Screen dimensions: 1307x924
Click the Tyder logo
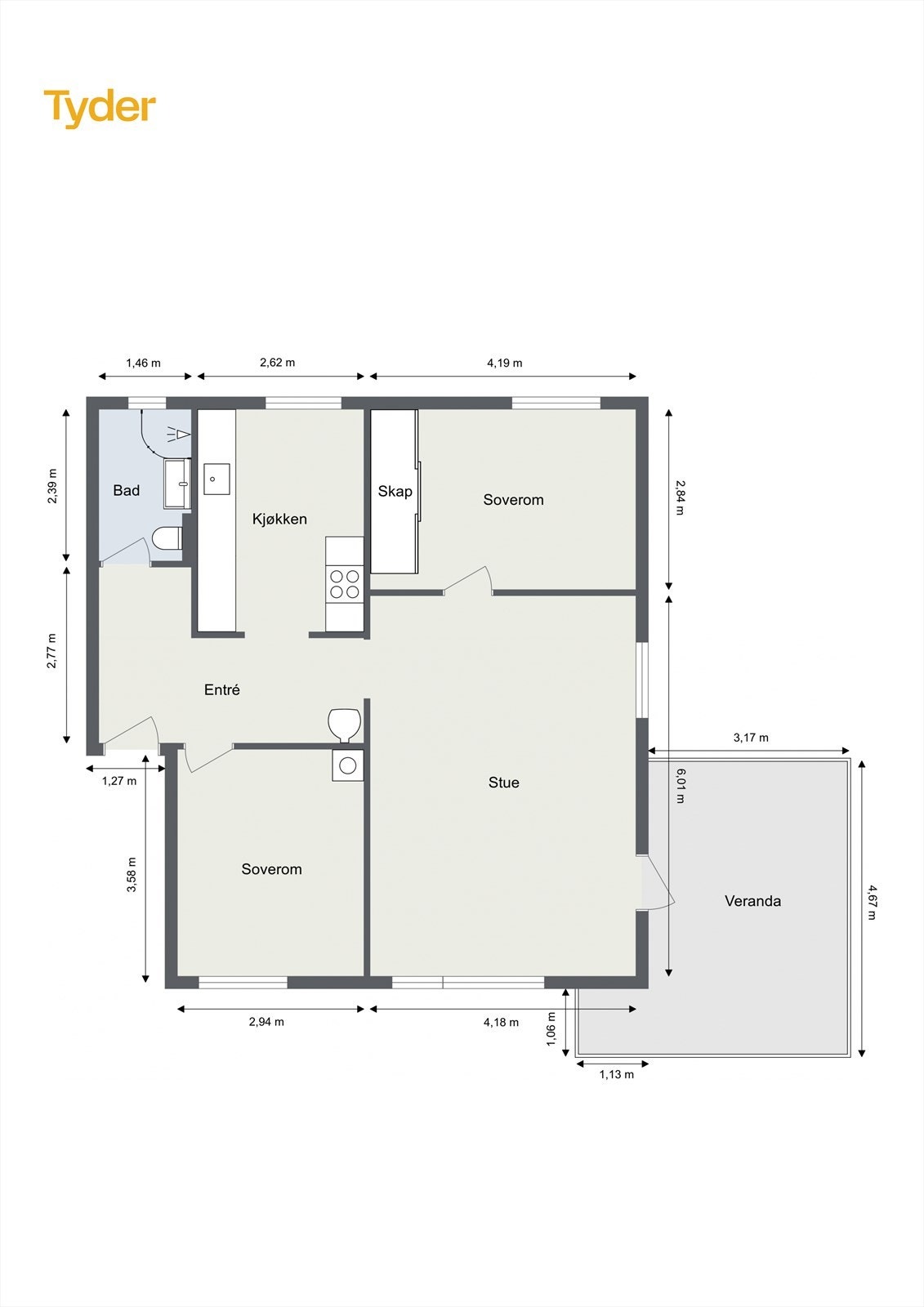(x=100, y=107)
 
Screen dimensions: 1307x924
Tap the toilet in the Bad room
(x=167, y=539)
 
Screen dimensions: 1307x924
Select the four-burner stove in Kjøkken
(x=344, y=583)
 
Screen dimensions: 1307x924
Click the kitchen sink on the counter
(x=216, y=480)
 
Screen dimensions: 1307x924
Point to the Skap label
(x=395, y=492)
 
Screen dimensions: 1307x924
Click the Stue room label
(x=503, y=783)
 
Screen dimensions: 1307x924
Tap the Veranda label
(x=752, y=901)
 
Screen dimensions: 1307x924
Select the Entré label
(x=221, y=690)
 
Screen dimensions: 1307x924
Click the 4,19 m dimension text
(x=505, y=363)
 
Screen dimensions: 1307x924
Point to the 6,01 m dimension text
(x=680, y=786)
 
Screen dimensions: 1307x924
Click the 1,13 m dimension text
(x=616, y=1074)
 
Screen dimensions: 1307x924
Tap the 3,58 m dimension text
(x=132, y=874)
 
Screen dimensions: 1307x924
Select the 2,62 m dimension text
(x=277, y=363)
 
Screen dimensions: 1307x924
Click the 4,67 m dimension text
(x=871, y=902)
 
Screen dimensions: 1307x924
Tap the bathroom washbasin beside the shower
(x=176, y=484)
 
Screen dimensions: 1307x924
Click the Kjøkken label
(x=279, y=520)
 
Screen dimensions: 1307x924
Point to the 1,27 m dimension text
(x=118, y=781)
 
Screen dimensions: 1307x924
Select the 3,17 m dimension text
(x=750, y=738)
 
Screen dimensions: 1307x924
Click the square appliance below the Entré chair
(x=348, y=765)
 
